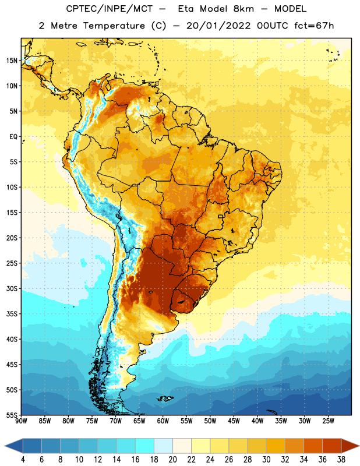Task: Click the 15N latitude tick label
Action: coord(12,61)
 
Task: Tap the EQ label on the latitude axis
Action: coord(13,137)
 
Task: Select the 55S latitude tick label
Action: coord(12,415)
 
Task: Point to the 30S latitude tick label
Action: coord(12,288)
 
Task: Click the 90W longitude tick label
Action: coord(21,421)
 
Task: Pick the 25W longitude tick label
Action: coord(328,421)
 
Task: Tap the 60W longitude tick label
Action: coord(163,421)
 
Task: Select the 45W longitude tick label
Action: coord(234,421)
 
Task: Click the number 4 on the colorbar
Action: coord(23,460)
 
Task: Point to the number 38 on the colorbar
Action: coord(341,460)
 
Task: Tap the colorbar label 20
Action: coord(172,460)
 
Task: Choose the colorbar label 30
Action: coord(266,460)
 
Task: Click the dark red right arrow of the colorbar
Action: coord(350,446)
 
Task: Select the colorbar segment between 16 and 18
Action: coord(145,446)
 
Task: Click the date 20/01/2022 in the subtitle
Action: coord(218,26)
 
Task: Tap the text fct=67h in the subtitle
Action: coord(314,26)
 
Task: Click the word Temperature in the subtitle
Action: coord(114,26)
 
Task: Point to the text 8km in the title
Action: coord(244,9)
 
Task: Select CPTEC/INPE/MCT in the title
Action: coord(110,9)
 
